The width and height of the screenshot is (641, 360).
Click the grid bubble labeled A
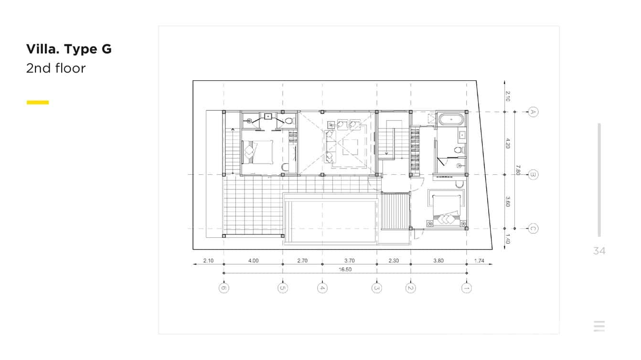click(534, 112)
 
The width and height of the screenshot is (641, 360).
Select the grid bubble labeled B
click(534, 175)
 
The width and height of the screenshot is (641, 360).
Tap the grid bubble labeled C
click(534, 229)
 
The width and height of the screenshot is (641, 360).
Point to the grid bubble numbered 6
click(224, 288)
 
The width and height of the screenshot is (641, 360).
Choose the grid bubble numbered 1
click(467, 288)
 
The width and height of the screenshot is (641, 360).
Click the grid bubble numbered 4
click(322, 288)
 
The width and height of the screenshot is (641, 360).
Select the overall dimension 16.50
click(345, 270)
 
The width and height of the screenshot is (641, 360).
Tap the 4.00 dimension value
click(253, 261)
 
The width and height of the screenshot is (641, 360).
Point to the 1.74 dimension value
click(479, 261)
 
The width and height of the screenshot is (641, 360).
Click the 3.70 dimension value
click(350, 261)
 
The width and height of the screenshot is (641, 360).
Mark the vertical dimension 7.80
click(518, 170)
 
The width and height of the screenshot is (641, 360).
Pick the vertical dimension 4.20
click(508, 143)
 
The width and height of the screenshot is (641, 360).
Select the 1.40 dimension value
click(508, 239)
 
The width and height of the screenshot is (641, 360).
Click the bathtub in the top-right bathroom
click(451, 119)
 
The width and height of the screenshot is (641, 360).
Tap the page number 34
click(599, 251)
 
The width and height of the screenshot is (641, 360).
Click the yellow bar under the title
click(38, 102)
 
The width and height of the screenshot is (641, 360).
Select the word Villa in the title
click(42, 49)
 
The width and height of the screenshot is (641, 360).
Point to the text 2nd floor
click(56, 68)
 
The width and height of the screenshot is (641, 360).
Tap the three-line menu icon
click(599, 326)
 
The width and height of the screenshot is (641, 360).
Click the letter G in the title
click(106, 49)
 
